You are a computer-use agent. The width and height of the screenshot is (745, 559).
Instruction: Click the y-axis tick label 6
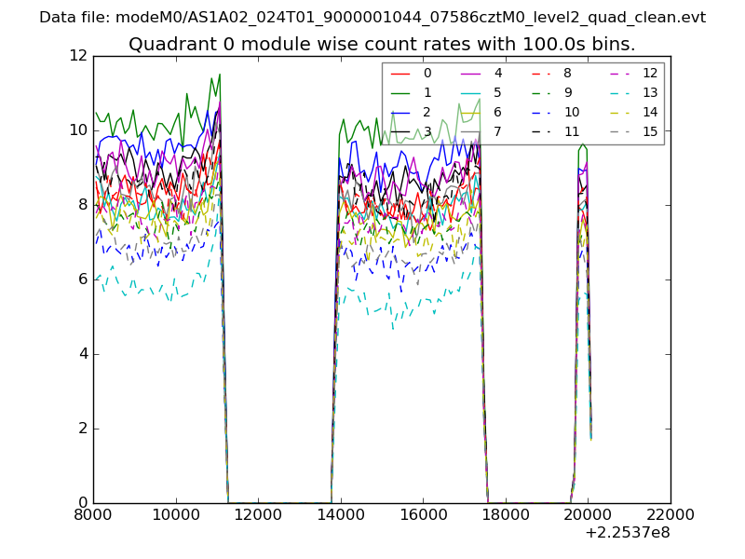point(82,279)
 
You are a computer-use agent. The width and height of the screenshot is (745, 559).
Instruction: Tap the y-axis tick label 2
point(82,429)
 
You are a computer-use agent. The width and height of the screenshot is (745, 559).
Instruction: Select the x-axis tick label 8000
point(93,514)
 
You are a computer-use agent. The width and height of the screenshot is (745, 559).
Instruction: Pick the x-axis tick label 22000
point(670,514)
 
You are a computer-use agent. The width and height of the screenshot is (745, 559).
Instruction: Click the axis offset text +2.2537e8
point(628,534)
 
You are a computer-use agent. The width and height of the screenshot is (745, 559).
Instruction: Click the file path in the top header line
point(410,18)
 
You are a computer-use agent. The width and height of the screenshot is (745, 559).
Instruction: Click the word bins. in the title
point(610,44)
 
